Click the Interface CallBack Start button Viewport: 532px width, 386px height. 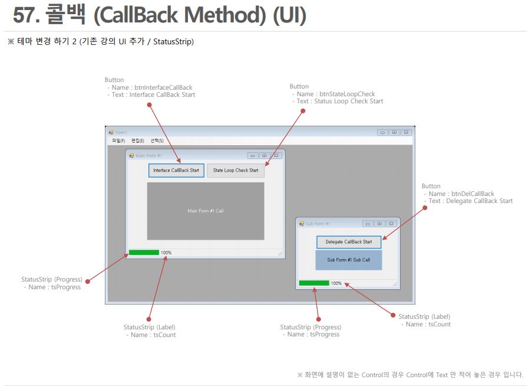[176, 171]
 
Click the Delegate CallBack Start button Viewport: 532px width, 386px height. [349, 242]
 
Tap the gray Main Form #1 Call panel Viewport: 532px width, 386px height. [205, 211]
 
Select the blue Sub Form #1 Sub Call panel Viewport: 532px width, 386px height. [348, 260]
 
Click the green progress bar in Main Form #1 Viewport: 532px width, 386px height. [144, 253]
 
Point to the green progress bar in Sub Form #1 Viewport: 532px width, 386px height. [313, 283]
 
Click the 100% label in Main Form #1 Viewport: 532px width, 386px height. [166, 253]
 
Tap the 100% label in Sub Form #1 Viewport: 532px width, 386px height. [336, 283]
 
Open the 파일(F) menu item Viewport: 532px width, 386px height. [118, 141]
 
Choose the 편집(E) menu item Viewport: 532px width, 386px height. [137, 141]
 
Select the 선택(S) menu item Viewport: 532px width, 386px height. [157, 141]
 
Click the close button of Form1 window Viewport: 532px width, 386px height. [406, 132]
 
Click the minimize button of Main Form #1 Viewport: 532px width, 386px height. [252, 155]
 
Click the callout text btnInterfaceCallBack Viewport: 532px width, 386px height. [163, 87]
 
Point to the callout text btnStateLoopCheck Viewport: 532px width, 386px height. [346, 94]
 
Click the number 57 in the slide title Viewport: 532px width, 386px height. [26, 15]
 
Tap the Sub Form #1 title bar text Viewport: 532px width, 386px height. [318, 224]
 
